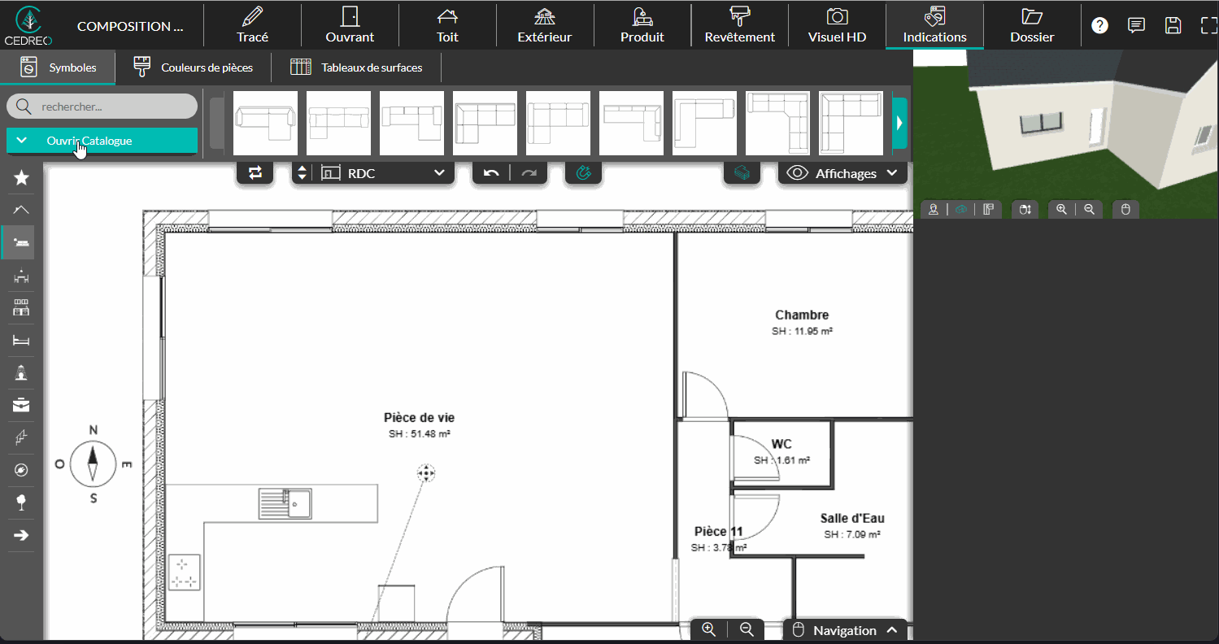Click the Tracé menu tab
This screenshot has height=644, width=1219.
coord(253,25)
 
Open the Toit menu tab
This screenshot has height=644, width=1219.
coord(447,25)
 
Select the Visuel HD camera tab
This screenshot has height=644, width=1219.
coord(837,25)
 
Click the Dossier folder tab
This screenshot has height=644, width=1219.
coord(1032,25)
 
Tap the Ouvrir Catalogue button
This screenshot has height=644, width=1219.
coord(102,141)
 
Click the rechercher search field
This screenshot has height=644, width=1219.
coord(102,107)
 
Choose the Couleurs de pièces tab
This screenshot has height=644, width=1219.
coord(194,67)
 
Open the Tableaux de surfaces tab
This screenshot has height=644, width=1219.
coord(356,67)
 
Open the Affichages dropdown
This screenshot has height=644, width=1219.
coord(842,173)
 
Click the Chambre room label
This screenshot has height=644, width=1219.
coord(802,315)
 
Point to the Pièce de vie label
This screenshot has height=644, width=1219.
coord(419,418)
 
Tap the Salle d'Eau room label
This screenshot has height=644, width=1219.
coord(852,518)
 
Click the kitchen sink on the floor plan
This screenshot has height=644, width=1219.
coord(285,503)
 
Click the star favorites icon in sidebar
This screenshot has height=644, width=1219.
coord(21,178)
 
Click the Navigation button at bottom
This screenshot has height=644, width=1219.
coord(845,630)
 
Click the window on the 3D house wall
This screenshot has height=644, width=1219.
coord(1041,123)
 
